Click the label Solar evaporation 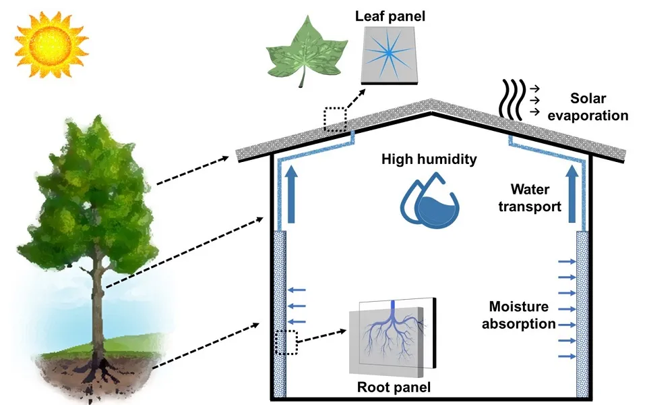pyautogui.click(x=588, y=106)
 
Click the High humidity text pyautogui.click(x=429, y=160)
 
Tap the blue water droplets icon pyautogui.click(x=431, y=200)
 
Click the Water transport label pyautogui.click(x=530, y=198)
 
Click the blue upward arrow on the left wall pyautogui.click(x=291, y=196)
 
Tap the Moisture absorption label pyautogui.click(x=522, y=315)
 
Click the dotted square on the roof pyautogui.click(x=334, y=118)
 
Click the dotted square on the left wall pyautogui.click(x=286, y=342)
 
